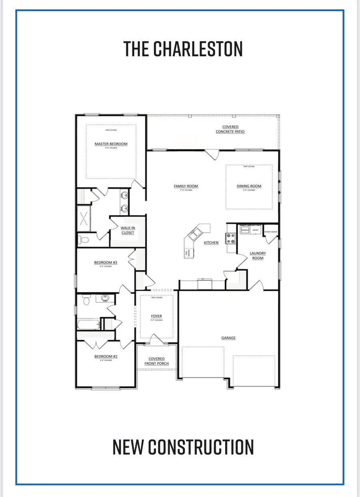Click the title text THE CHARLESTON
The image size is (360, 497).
(x=183, y=49)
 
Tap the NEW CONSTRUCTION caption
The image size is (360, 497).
(x=183, y=447)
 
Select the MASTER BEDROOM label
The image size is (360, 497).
(x=111, y=144)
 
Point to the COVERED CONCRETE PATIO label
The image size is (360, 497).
(x=230, y=129)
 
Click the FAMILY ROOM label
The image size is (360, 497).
(x=186, y=186)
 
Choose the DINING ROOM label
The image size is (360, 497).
(x=248, y=186)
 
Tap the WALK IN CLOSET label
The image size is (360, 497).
(x=128, y=230)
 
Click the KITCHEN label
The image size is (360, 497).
(x=211, y=243)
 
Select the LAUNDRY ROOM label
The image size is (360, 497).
(x=258, y=255)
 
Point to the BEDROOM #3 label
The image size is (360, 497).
(x=106, y=263)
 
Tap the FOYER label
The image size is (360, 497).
(x=156, y=316)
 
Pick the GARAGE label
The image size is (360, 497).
(x=228, y=338)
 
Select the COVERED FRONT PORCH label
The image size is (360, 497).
(x=156, y=361)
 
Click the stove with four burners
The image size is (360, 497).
(x=231, y=239)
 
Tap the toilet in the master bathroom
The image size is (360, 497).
(x=84, y=240)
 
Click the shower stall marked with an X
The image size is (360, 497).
(x=84, y=218)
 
